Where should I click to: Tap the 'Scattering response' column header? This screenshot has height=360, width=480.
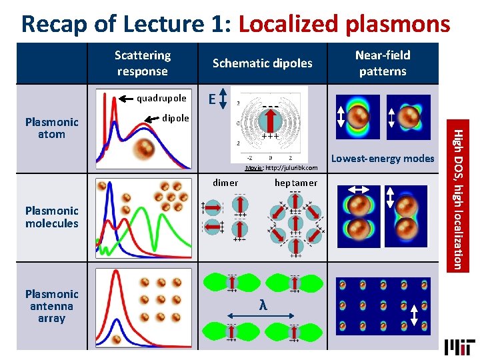pos(142,63)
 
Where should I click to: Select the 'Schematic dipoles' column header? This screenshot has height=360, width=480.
pos(262,63)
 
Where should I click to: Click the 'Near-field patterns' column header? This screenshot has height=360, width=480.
pos(383,63)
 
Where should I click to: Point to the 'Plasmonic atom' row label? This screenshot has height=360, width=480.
pos(51,128)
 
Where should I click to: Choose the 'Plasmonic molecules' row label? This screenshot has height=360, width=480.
pos(51,217)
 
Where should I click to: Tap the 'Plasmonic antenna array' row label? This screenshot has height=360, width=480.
pos(51,306)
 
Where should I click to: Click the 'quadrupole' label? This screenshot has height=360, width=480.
pos(161,99)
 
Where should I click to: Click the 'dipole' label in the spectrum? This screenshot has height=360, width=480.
pos(176,117)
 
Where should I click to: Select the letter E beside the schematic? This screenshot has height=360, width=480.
pos(211,100)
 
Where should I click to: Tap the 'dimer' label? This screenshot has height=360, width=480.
pos(225,183)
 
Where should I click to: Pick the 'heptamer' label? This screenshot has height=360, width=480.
pos(296,183)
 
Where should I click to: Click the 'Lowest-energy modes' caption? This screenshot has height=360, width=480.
pos(383,158)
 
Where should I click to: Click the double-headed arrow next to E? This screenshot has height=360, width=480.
pos(223,100)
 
